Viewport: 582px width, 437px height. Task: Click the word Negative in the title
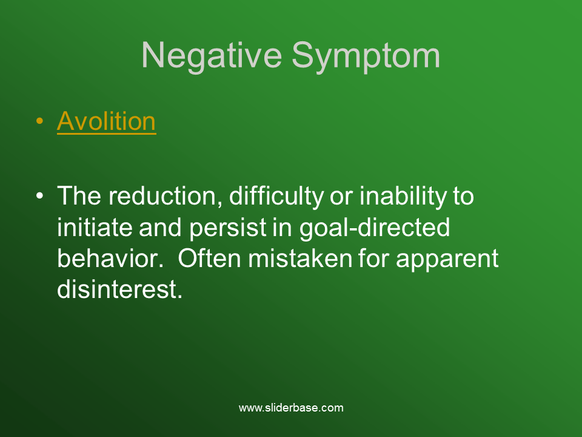[212, 56]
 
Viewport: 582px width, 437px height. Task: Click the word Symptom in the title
[366, 56]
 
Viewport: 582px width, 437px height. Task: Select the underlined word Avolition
[107, 121]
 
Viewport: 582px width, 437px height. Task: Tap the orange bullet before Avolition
[40, 121]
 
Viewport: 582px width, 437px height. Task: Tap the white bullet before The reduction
[40, 195]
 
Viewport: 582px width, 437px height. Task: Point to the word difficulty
[276, 196]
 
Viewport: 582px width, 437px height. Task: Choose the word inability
[403, 196]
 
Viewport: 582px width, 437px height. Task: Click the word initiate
[95, 228]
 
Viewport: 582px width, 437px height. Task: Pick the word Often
[209, 259]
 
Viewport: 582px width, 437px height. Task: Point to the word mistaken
[300, 259]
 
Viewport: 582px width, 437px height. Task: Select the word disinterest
[119, 290]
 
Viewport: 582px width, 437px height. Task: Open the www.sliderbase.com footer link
[291, 408]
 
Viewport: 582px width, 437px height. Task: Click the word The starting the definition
[79, 195]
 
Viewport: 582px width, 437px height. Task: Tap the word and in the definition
[160, 228]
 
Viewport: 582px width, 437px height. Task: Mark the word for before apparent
[374, 259]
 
